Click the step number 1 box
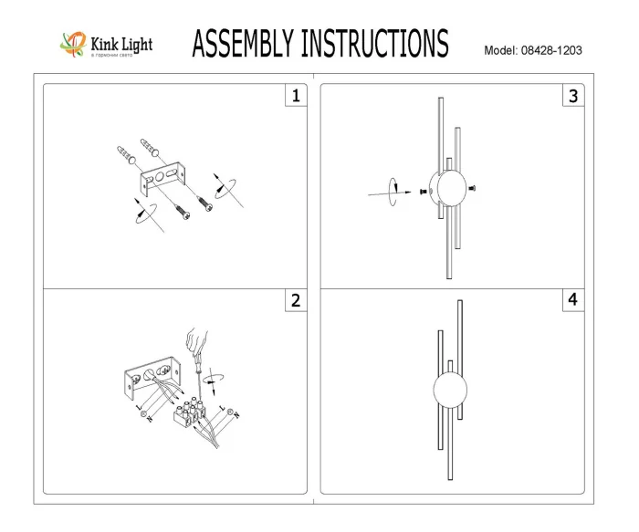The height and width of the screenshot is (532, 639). click(295, 95)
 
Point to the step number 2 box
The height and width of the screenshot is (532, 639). click(295, 301)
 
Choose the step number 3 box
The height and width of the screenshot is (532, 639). click(572, 95)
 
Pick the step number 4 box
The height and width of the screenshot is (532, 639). click(572, 299)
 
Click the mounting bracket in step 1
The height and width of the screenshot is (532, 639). click(162, 178)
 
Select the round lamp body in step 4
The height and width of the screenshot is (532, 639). click(449, 392)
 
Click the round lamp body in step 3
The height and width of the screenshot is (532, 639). click(449, 190)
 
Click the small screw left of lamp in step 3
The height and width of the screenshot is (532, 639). click(423, 193)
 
